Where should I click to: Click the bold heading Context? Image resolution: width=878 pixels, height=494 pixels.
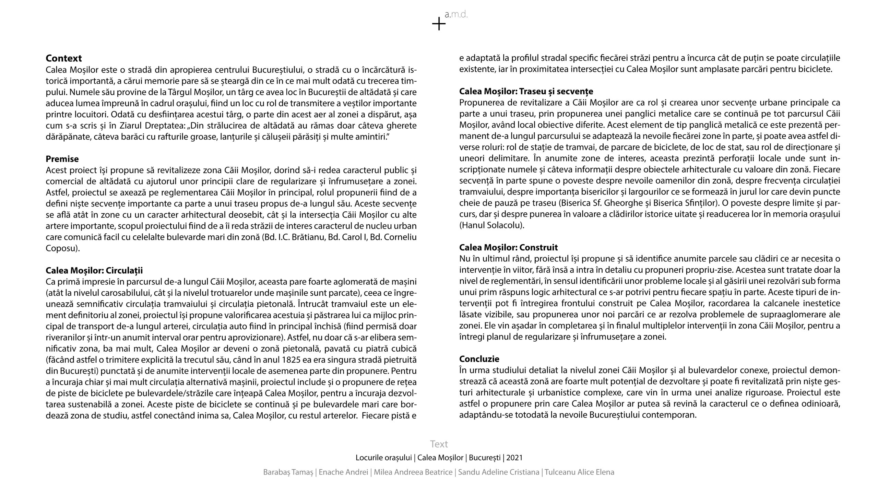click(64, 58)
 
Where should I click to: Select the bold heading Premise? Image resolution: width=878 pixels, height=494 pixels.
click(62, 159)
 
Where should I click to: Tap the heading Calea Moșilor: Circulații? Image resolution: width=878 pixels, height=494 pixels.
click(94, 271)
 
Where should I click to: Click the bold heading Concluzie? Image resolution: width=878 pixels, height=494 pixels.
click(479, 359)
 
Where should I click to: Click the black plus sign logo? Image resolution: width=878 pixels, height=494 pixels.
click(439, 24)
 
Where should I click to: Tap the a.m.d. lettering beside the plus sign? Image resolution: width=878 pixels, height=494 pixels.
click(456, 15)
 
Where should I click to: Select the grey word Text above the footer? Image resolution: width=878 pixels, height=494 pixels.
click(439, 444)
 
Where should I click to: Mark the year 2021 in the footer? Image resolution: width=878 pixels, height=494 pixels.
click(514, 458)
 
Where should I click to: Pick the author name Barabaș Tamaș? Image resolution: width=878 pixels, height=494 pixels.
click(288, 472)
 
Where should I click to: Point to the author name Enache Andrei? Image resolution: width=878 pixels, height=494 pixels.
click(343, 472)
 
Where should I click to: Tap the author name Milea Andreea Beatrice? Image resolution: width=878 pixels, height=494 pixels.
click(413, 472)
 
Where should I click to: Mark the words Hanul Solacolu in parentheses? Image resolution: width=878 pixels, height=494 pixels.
click(491, 225)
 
